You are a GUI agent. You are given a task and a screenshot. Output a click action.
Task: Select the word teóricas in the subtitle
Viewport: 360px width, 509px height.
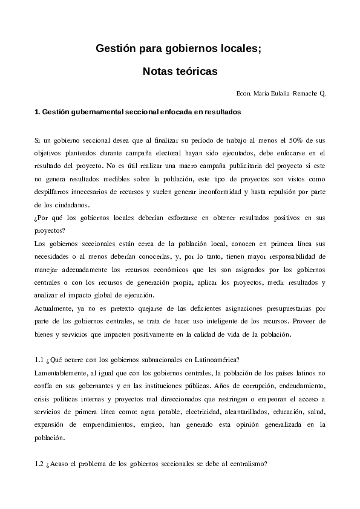(x=196, y=71)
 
